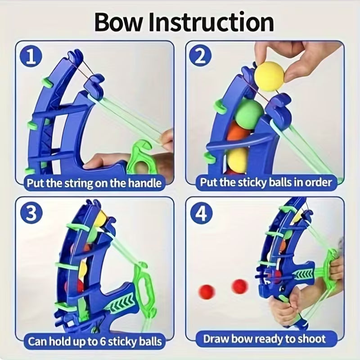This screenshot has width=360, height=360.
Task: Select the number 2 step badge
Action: (200, 58)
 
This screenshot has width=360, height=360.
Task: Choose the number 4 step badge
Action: (200, 214)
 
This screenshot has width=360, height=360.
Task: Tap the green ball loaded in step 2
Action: (249, 112)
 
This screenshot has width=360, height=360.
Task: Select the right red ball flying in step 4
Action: (239, 286)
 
